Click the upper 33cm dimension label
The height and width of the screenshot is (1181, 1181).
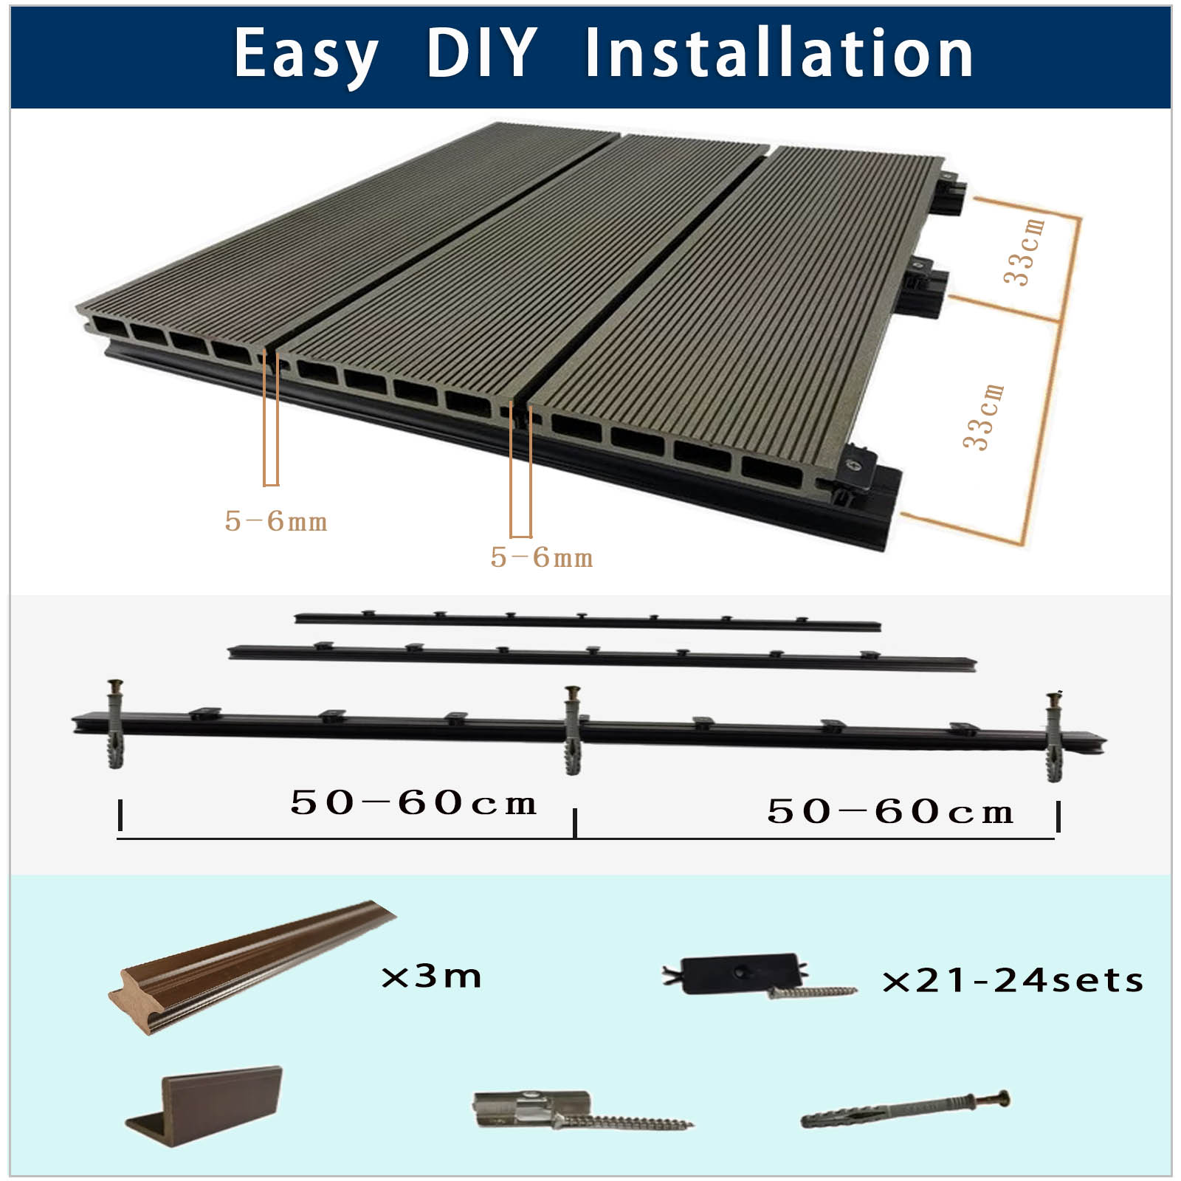coord(1025,251)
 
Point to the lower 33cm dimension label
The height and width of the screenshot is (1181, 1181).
coord(984,416)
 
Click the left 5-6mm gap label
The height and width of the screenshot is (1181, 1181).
coord(276,521)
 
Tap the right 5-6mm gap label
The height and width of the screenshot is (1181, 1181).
coord(542,557)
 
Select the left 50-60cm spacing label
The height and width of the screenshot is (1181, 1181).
coord(413,802)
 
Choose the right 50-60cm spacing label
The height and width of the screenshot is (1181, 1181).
coord(890,811)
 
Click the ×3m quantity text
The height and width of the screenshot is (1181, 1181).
coord(431,977)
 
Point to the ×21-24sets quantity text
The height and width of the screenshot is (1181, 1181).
coord(1013,980)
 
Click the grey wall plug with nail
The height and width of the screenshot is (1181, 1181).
coord(906,1109)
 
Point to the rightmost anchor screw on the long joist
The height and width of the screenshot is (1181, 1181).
coord(1054,736)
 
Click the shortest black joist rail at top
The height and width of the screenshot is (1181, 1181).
coord(588,620)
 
